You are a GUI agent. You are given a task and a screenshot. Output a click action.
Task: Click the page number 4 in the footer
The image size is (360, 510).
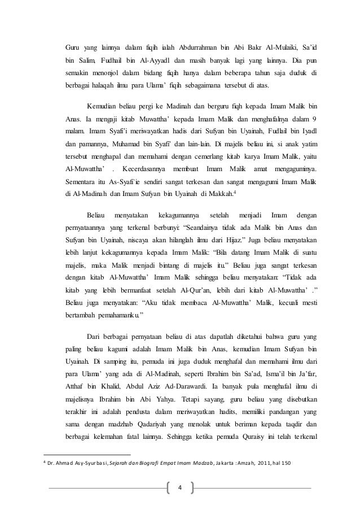[x=180, y=487]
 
